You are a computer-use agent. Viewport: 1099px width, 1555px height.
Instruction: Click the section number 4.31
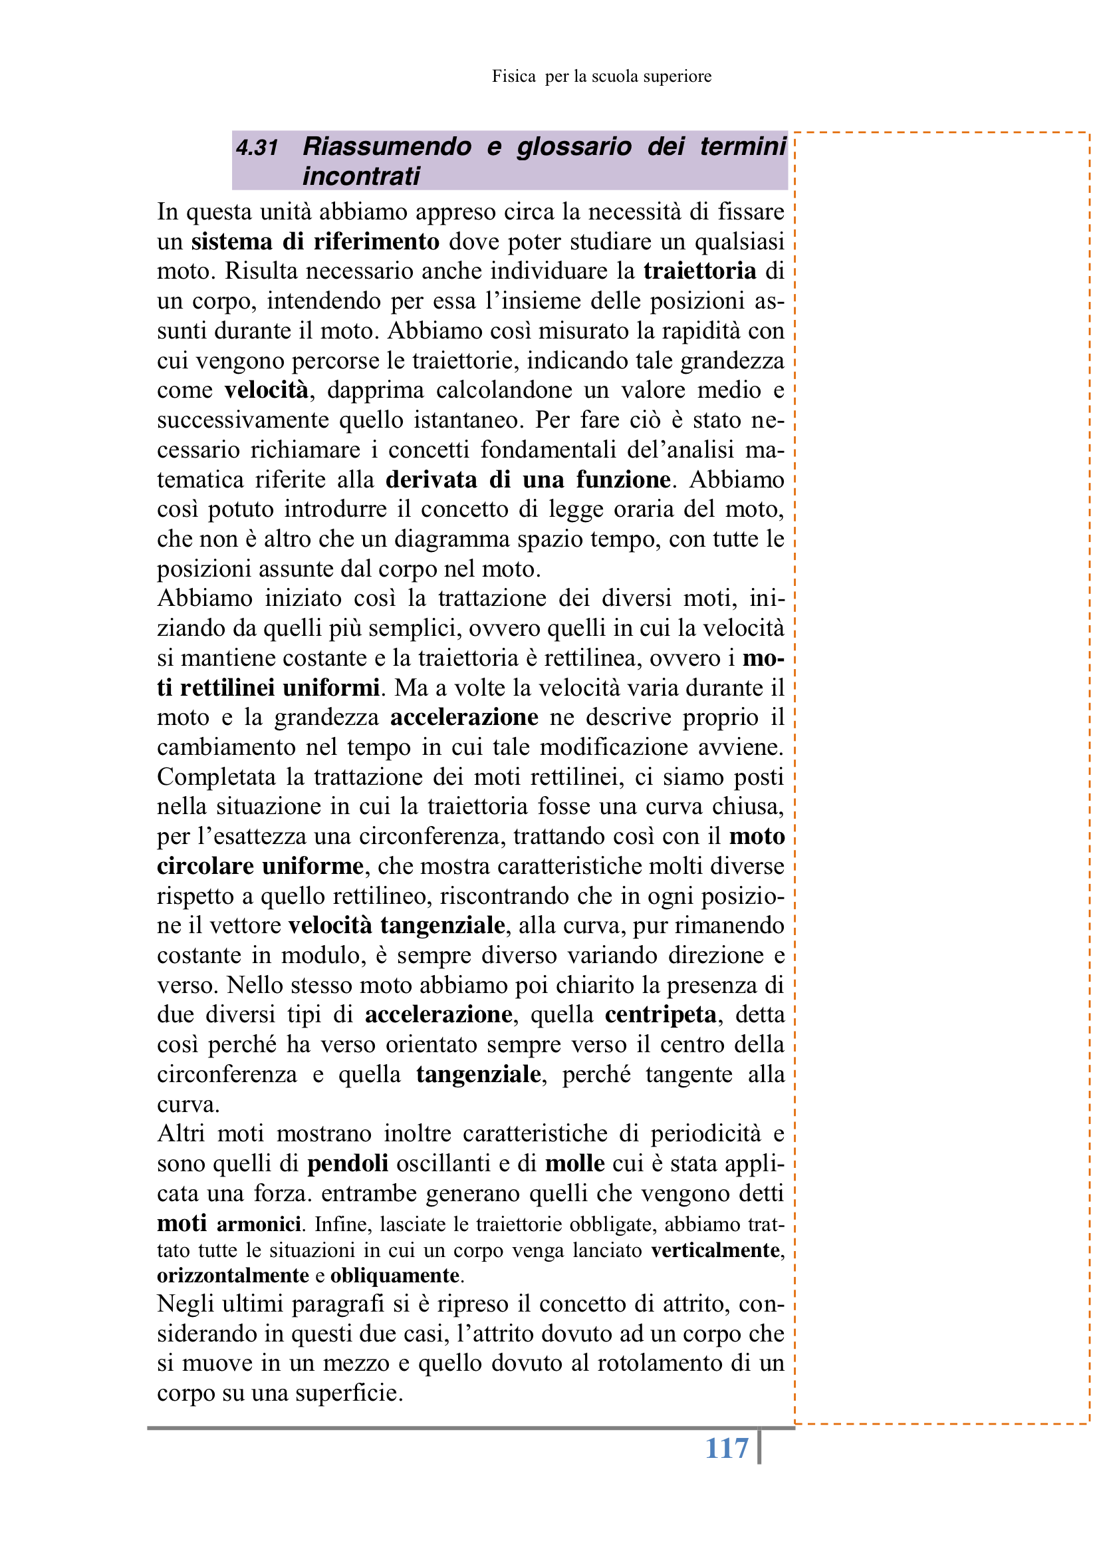tap(257, 147)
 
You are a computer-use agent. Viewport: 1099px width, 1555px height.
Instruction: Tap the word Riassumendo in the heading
tap(387, 146)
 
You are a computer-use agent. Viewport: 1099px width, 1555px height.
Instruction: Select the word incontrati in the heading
tap(361, 176)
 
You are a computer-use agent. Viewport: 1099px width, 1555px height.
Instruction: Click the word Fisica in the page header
tap(514, 76)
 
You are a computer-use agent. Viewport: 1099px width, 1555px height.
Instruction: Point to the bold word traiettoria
tap(699, 271)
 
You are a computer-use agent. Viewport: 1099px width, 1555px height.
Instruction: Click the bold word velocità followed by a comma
tap(266, 390)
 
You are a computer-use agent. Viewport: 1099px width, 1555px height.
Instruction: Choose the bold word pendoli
tap(347, 1163)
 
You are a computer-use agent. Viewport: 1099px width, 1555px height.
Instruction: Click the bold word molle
tap(575, 1163)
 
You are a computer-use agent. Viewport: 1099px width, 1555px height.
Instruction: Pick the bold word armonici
tap(259, 1224)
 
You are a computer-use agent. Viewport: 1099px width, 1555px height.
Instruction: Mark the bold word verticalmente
tap(716, 1250)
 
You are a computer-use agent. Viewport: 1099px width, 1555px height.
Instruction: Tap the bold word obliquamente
tap(395, 1276)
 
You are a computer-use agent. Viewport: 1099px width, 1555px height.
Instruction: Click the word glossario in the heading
tap(574, 146)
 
